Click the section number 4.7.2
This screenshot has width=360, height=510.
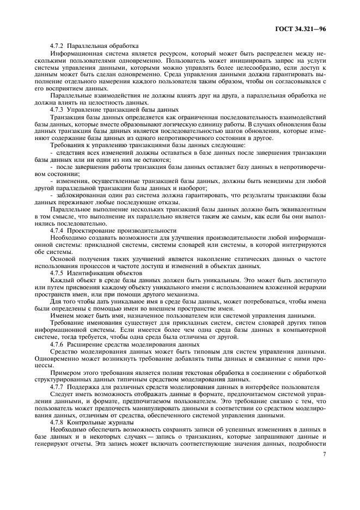(58, 45)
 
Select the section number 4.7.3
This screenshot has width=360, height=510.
(58, 109)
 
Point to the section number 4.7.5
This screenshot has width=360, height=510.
(58, 272)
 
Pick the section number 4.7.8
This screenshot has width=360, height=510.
(58, 422)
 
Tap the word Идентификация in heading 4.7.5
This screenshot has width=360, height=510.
(89, 272)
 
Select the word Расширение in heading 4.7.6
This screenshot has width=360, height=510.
(86, 344)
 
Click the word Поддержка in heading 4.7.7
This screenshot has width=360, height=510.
(86, 386)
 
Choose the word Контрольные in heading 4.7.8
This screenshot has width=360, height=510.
(87, 422)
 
